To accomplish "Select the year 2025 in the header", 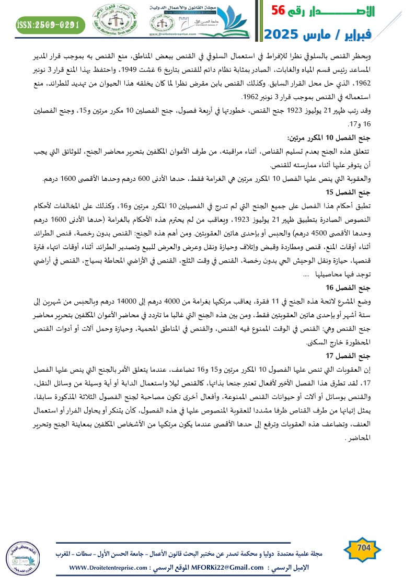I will pyautogui.click(x=284, y=34).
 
